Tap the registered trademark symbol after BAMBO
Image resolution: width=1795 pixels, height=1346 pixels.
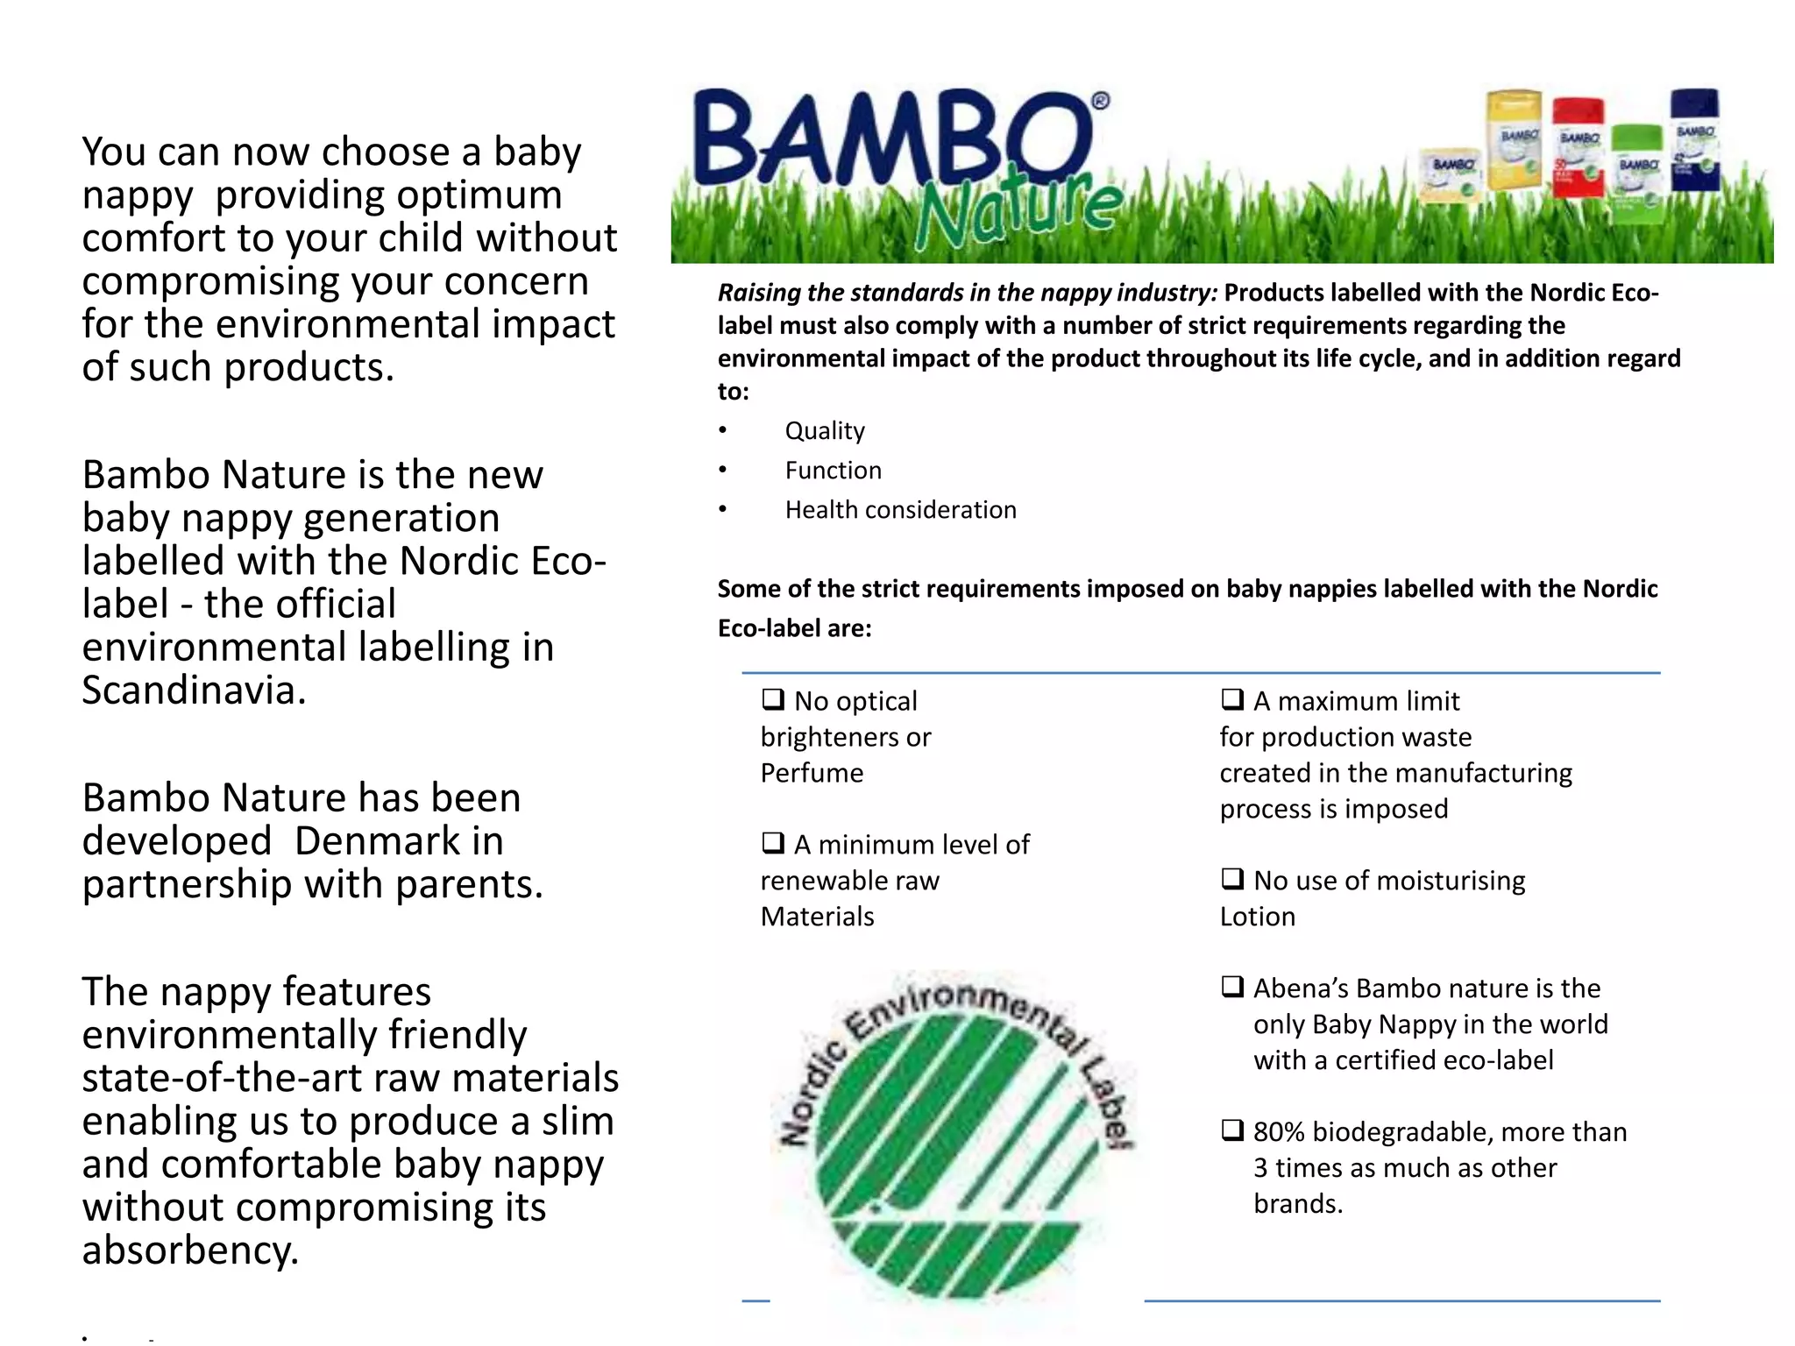1101,102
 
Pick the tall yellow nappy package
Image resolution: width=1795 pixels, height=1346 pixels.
1515,140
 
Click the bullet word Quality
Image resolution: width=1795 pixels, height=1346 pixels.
824,431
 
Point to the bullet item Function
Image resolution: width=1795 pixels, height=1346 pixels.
833,471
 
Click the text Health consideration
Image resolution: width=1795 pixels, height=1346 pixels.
900,510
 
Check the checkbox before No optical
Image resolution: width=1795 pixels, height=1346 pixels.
772,699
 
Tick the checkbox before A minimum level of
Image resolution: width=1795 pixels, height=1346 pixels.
772,843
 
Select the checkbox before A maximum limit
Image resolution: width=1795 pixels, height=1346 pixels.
1231,699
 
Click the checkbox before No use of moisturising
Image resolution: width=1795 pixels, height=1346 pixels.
1231,879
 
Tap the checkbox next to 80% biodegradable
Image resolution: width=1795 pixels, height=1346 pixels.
1231,1130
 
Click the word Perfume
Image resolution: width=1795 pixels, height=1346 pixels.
812,773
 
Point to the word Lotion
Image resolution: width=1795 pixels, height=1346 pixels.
1257,917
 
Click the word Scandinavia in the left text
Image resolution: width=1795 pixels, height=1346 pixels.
193,691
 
